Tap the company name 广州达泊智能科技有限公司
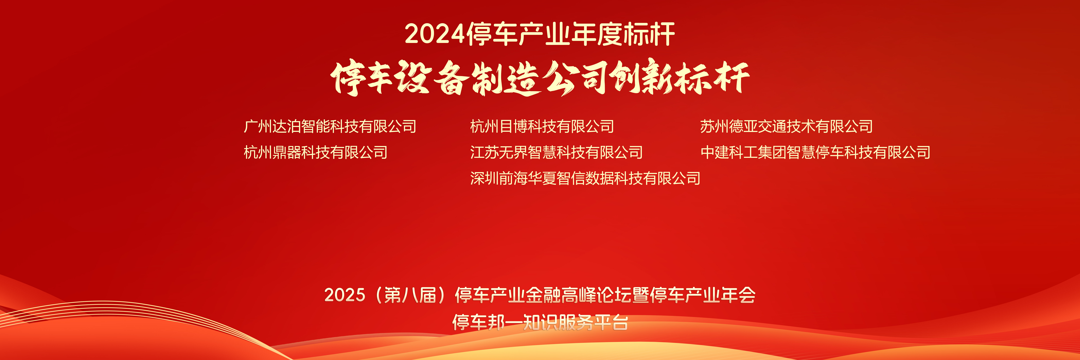pos(330,126)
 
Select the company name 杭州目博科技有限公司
pos(542,126)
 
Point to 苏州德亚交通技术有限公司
pos(786,126)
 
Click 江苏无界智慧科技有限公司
pos(556,152)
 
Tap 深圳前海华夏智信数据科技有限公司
pos(585,178)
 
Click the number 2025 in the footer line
pos(345,295)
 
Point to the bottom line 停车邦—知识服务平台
pos(540,322)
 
